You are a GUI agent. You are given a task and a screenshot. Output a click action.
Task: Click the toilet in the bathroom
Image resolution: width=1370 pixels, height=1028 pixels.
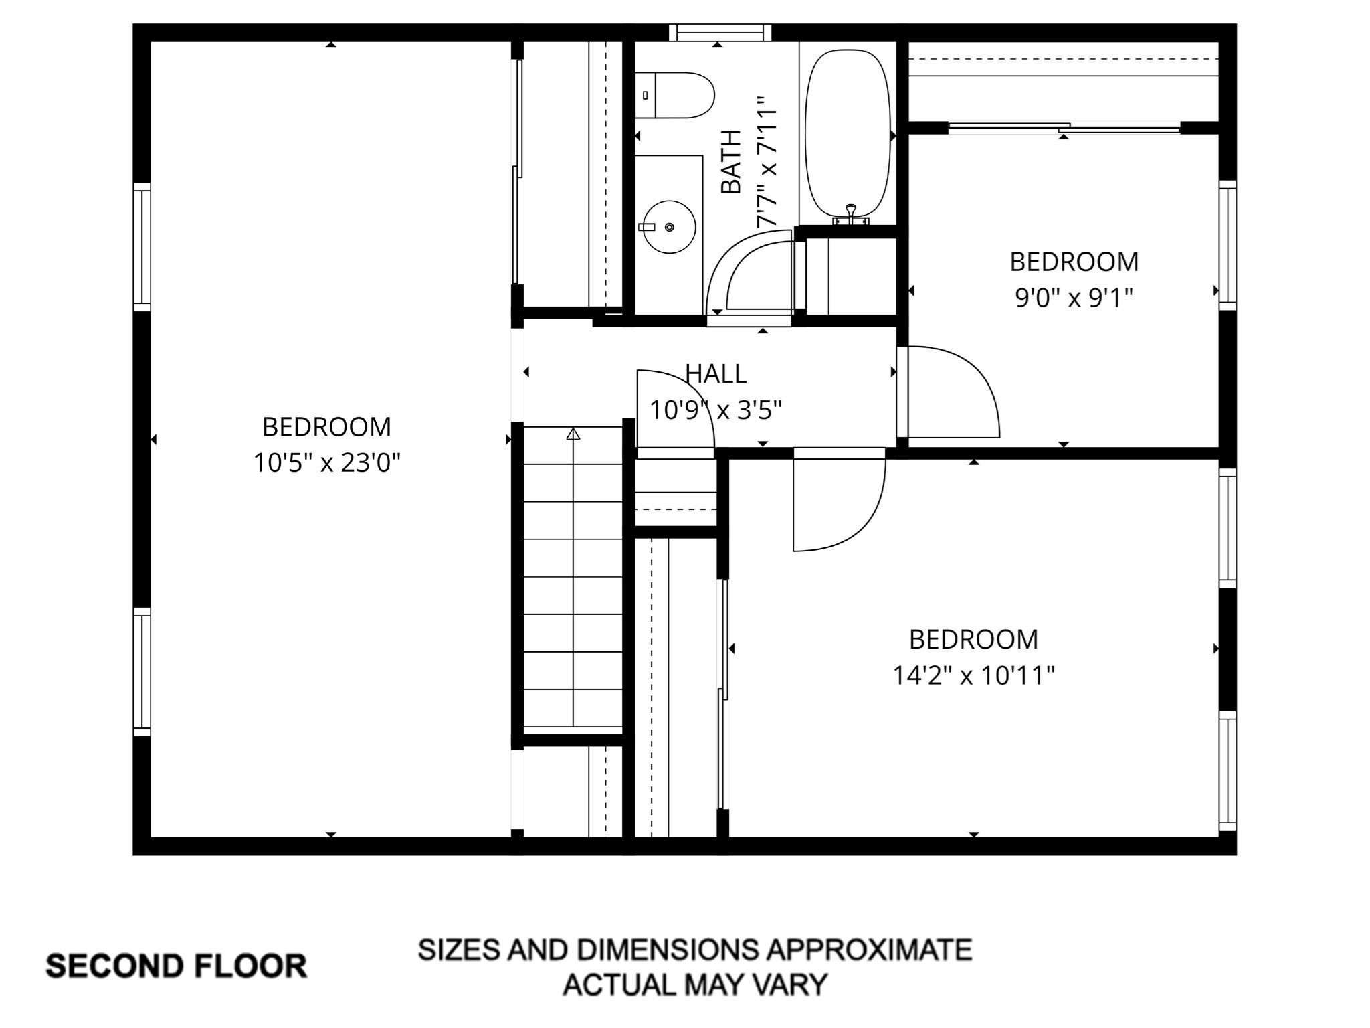click(677, 95)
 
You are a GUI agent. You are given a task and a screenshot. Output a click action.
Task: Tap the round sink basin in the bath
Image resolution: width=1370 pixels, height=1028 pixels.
click(670, 227)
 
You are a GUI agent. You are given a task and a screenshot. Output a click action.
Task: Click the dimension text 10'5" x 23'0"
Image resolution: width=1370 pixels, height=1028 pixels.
click(326, 462)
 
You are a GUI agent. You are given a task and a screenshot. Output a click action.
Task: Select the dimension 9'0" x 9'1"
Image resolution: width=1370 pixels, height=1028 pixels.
click(1074, 298)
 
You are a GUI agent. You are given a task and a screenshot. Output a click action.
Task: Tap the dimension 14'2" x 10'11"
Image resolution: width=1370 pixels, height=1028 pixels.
click(973, 675)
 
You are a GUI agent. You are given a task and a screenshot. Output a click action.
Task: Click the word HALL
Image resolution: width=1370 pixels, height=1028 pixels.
click(716, 374)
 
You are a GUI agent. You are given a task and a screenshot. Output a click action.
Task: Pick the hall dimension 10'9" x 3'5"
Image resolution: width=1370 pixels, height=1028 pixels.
click(716, 410)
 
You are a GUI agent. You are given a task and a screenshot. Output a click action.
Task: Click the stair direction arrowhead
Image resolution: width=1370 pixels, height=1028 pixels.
click(573, 434)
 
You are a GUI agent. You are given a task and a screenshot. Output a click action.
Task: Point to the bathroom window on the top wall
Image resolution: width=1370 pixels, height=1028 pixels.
click(720, 32)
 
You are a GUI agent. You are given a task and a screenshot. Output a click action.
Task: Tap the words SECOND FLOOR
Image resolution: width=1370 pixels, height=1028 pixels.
click(176, 966)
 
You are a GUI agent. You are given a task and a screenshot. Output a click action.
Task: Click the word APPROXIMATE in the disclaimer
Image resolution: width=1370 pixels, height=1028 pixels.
click(868, 949)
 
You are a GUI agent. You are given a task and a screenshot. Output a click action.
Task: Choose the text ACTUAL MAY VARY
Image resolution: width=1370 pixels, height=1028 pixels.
click(695, 984)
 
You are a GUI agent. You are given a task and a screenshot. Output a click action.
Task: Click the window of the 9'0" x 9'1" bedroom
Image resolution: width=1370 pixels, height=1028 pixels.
click(1227, 246)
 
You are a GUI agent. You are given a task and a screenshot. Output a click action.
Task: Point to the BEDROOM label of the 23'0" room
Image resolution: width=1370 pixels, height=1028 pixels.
click(326, 427)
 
